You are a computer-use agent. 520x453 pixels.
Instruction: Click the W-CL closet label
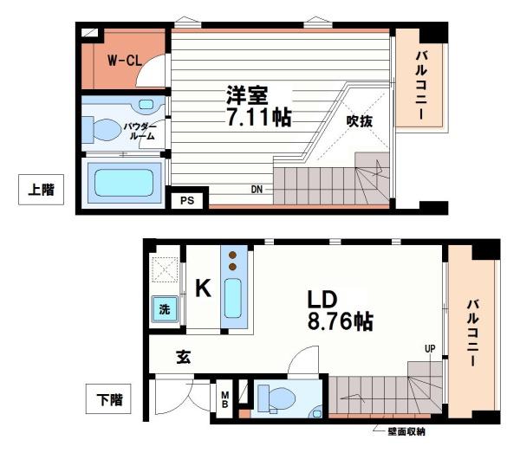(x=125, y=61)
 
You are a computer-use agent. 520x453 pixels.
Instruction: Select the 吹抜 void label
(x=360, y=121)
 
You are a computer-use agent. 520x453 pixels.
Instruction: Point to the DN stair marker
(x=257, y=189)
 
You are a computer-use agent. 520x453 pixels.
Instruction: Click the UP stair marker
(x=429, y=349)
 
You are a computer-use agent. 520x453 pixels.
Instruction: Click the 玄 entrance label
(x=184, y=355)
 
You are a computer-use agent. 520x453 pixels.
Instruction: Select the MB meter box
(x=224, y=400)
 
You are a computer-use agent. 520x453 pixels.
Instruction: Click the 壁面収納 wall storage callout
(x=404, y=430)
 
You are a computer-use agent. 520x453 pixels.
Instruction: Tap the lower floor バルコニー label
(x=472, y=333)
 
